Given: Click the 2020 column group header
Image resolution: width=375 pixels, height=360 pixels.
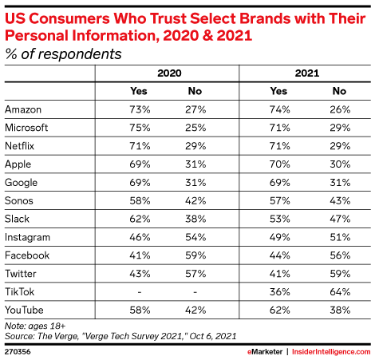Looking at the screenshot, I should (x=168, y=73).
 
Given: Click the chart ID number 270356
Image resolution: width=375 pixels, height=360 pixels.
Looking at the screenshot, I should (x=18, y=349).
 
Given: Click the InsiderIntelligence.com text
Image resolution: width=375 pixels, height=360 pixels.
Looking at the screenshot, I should (x=329, y=349).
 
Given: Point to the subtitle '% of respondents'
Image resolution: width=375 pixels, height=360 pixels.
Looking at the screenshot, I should (x=64, y=54).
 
